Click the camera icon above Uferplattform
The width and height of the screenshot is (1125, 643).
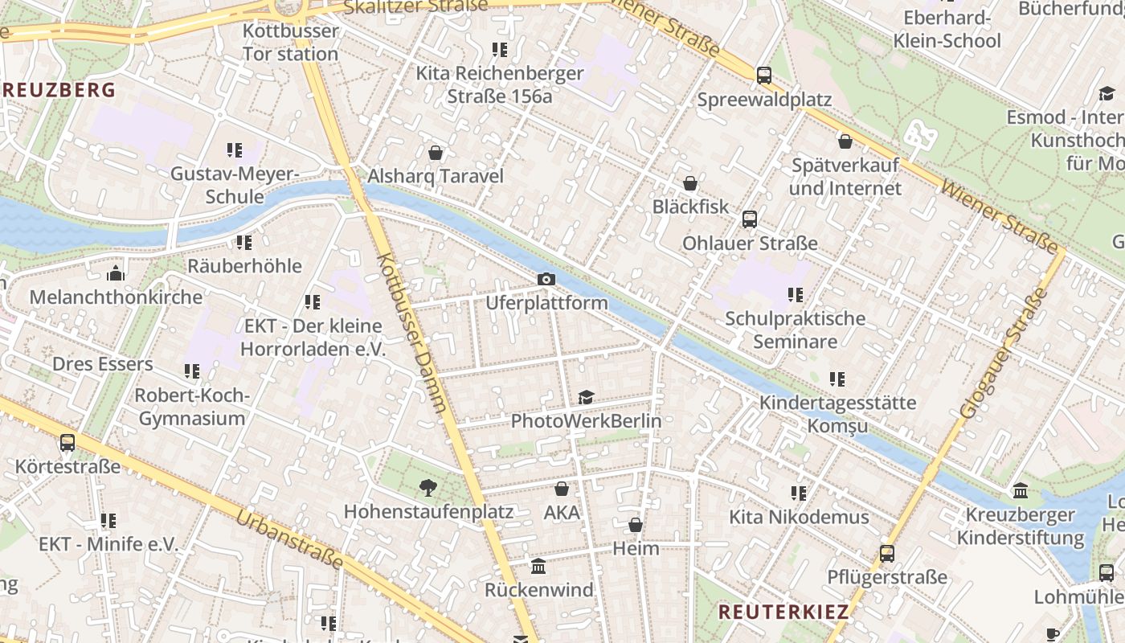coord(546,279)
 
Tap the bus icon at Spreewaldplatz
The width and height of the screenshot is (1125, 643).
coord(764,76)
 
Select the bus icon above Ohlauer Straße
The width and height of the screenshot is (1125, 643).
coord(750,219)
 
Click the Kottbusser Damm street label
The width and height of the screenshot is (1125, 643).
coord(411,333)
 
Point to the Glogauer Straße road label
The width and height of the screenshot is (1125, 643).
coord(1004,353)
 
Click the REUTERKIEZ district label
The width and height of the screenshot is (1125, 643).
coord(783,612)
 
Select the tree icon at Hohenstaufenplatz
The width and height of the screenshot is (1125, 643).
coord(428,487)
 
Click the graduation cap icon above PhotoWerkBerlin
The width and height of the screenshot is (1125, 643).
coord(586,397)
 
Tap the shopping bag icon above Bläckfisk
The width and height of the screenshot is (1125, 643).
coord(689,183)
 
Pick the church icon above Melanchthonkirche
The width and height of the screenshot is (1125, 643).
coord(116,273)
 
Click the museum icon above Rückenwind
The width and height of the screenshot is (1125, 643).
coord(538,566)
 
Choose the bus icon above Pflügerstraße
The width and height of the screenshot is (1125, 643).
coord(887,553)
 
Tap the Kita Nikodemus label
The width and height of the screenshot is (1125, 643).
coord(799,517)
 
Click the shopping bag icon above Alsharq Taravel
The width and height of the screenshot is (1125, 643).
coord(436,153)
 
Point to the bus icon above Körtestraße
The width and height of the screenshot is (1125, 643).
coord(67,442)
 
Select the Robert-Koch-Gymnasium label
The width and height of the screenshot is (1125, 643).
coord(192,407)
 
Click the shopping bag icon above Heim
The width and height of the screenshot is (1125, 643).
coord(636,525)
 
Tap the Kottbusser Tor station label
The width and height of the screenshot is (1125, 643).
coord(290,43)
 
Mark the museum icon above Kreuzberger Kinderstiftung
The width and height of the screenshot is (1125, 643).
coord(1021,490)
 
